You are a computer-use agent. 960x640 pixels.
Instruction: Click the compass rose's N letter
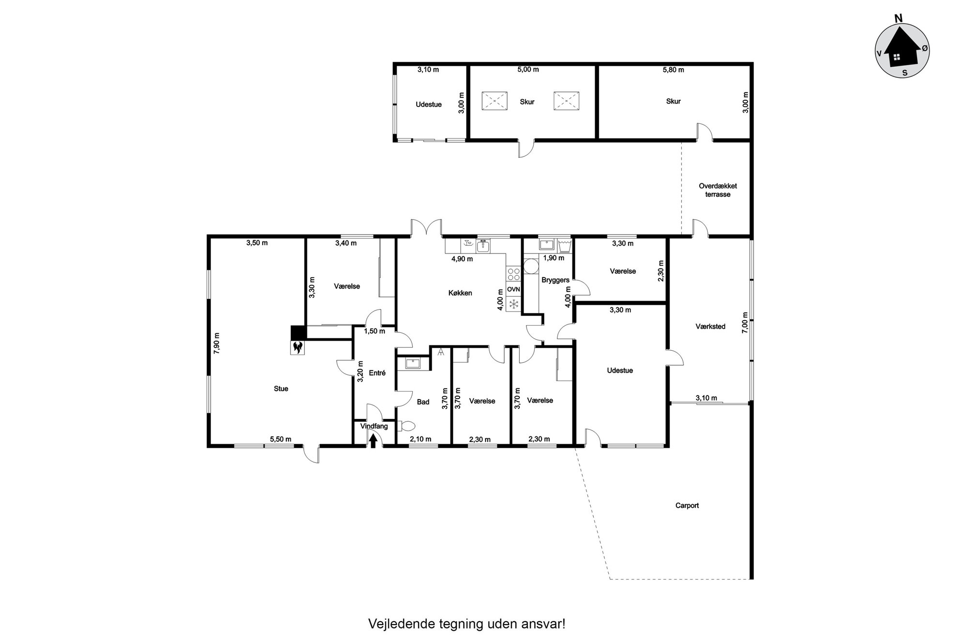click(899, 18)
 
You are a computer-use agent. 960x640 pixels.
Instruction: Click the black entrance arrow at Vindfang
click(373, 441)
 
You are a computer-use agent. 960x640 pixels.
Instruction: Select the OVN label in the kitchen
click(513, 289)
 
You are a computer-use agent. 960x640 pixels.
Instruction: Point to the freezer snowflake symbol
click(513, 304)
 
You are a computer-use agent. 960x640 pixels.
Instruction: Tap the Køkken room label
click(460, 293)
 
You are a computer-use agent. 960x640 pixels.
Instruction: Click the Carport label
click(687, 506)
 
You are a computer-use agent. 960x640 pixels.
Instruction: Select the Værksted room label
click(710, 327)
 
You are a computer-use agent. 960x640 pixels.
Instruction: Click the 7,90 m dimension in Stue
click(216, 343)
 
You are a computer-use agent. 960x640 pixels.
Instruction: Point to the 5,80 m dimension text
click(674, 70)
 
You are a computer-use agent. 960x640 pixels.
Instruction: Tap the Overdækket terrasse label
click(718, 190)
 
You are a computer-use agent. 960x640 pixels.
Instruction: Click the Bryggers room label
click(555, 280)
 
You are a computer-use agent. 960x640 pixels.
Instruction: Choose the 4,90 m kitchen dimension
click(462, 259)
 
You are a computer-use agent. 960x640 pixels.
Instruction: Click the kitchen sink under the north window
click(483, 246)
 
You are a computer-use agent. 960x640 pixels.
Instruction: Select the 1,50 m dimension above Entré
click(375, 331)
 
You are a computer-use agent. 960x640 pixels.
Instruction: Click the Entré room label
click(377, 373)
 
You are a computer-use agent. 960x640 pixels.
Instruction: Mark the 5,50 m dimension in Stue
click(281, 439)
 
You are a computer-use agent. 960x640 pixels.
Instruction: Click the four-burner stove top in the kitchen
click(513, 274)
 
